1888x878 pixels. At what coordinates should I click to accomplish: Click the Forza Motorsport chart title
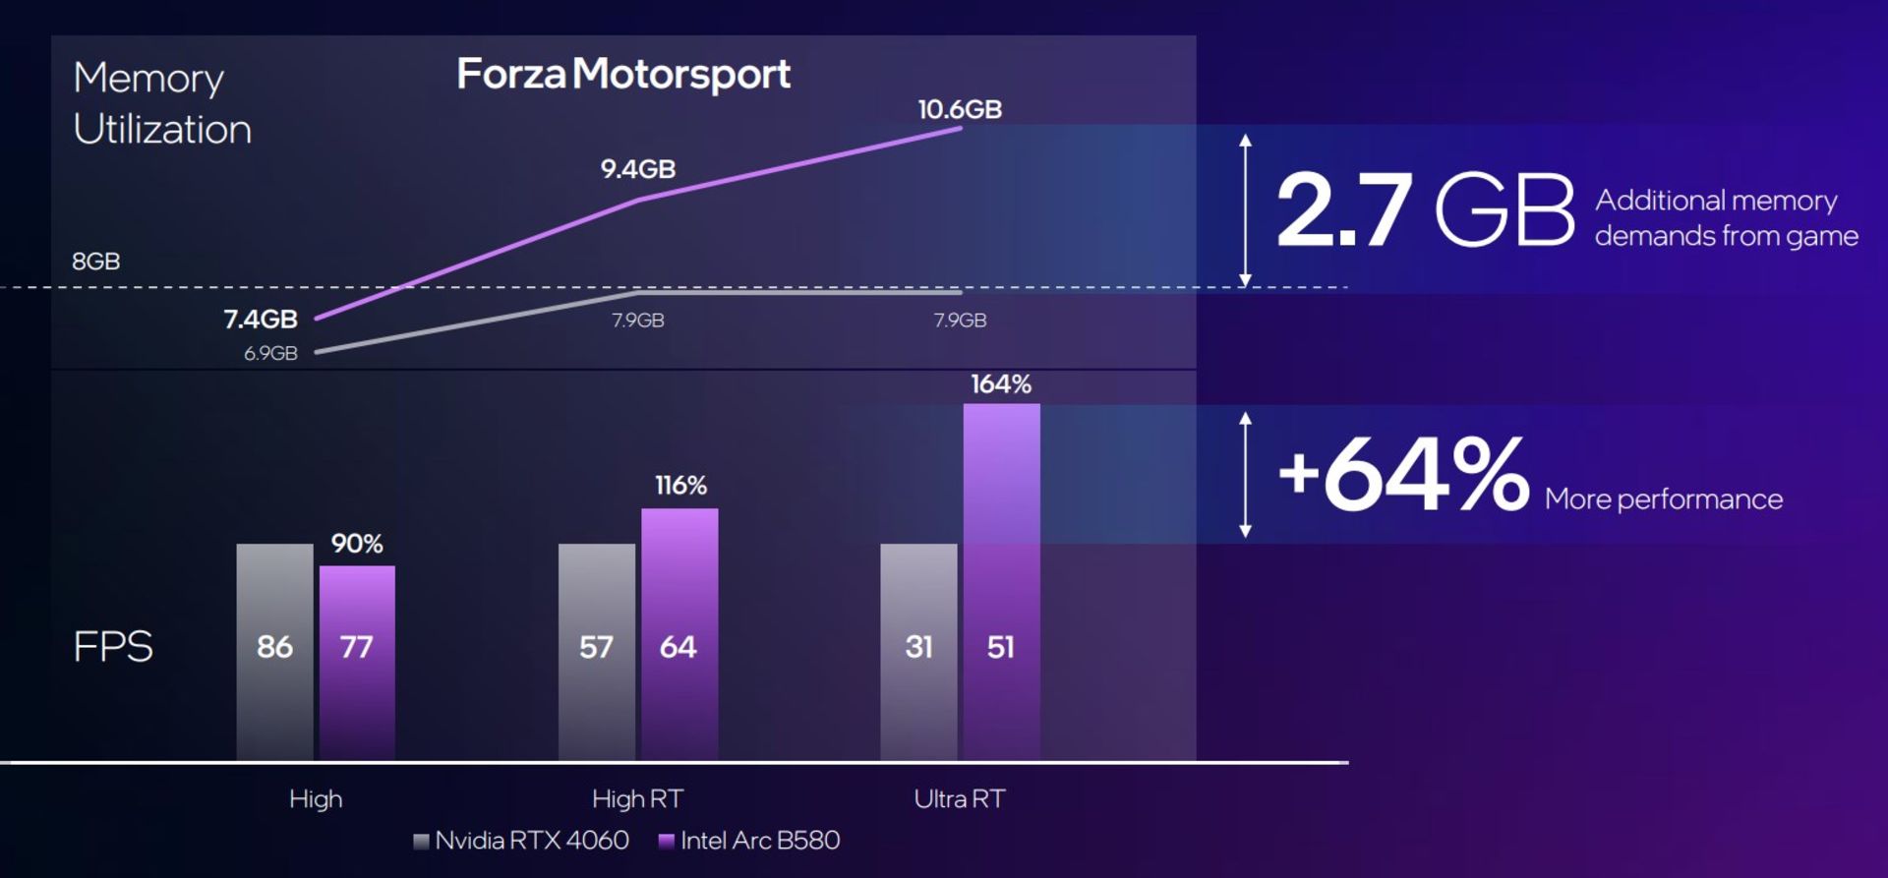click(623, 75)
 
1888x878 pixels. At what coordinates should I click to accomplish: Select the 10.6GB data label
click(960, 109)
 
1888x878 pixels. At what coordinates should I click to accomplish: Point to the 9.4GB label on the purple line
click(638, 169)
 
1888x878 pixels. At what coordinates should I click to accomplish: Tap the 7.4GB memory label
click(261, 319)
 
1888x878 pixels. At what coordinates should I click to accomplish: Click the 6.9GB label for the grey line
click(270, 353)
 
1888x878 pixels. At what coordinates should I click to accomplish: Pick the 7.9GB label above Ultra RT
click(960, 321)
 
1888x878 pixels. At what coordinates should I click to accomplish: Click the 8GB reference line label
click(96, 262)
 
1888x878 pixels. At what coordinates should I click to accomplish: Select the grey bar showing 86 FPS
click(274, 649)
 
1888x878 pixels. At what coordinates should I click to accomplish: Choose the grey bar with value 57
click(596, 649)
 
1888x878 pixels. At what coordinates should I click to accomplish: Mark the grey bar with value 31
click(918, 649)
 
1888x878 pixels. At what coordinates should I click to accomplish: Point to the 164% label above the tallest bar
click(1001, 384)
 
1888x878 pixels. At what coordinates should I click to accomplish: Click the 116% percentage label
click(680, 486)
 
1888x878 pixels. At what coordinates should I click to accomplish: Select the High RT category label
click(637, 798)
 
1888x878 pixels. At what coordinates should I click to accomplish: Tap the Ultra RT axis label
click(959, 798)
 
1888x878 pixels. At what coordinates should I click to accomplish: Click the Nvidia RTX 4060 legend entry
click(522, 841)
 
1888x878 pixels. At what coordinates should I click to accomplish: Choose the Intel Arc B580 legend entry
click(749, 841)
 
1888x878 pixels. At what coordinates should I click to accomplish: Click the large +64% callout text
click(1403, 474)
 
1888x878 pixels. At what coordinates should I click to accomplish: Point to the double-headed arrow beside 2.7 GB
click(1246, 209)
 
